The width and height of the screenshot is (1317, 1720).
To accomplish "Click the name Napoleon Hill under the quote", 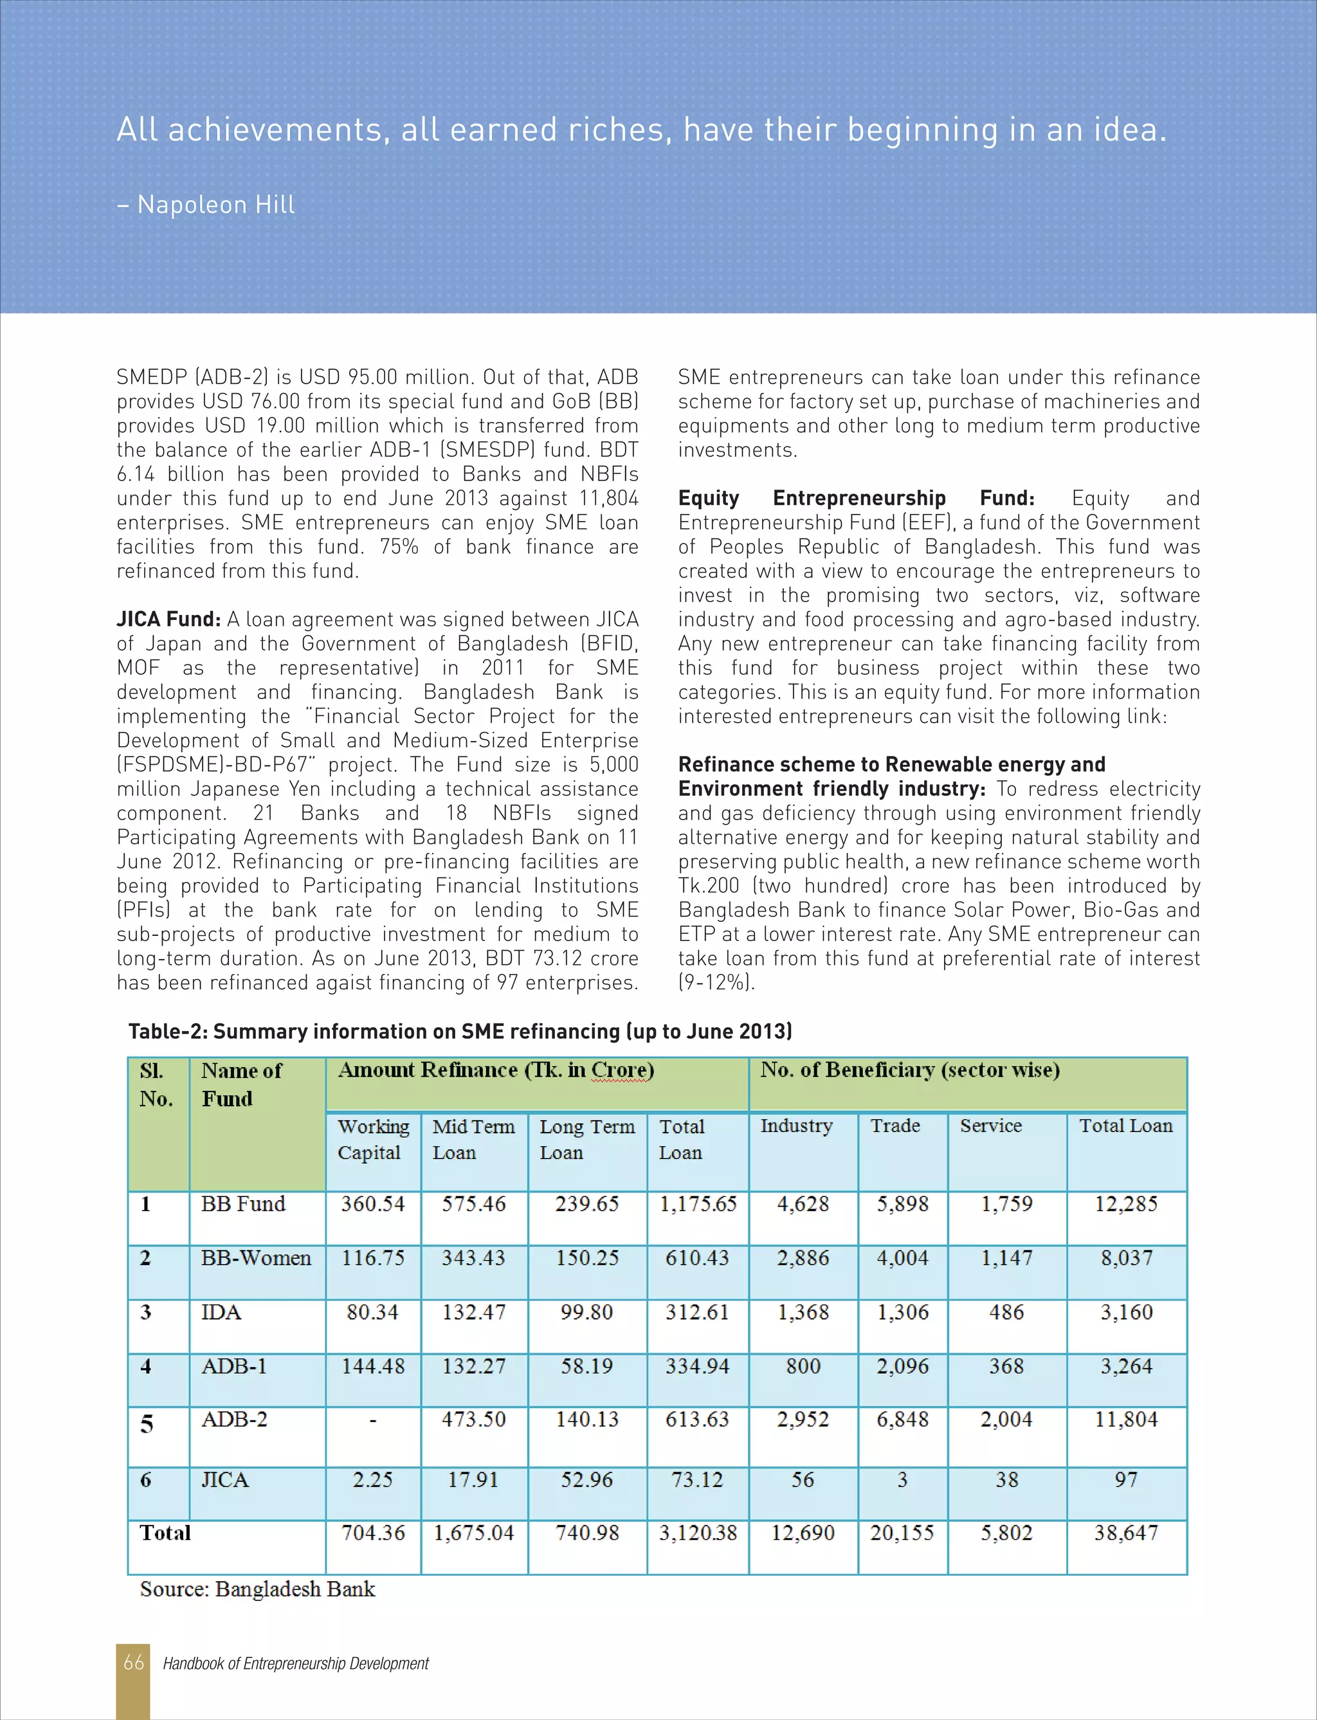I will click(215, 205).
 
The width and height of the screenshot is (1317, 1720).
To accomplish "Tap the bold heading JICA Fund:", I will click(168, 619).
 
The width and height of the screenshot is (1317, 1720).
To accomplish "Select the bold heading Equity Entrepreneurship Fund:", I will click(856, 499).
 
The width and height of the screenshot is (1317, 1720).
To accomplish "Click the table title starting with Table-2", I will click(460, 1031).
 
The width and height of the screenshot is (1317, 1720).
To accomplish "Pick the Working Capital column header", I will click(373, 1139).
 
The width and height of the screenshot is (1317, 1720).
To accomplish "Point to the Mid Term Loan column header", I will click(473, 1139).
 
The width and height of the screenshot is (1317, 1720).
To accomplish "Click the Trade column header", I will click(895, 1126).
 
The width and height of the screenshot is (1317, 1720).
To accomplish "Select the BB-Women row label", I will click(255, 1258).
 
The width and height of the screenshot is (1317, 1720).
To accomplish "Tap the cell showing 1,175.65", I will click(698, 1203).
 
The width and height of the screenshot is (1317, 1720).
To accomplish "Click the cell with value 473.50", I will click(473, 1419).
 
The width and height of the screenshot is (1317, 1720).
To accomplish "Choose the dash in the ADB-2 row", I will click(373, 1420).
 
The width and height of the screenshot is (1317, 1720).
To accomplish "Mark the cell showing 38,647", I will click(1126, 1533).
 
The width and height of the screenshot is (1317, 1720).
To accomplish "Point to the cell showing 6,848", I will click(902, 1419).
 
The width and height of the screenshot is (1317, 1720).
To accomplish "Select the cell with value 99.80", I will click(586, 1312).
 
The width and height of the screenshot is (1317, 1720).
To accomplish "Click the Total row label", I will click(165, 1533).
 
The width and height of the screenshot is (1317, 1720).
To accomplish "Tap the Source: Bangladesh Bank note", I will click(257, 1589).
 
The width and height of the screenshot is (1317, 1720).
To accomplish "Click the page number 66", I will click(133, 1662).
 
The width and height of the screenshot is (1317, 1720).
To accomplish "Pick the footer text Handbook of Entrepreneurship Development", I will click(296, 1663).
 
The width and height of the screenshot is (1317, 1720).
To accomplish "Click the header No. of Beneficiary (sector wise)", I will click(909, 1070).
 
